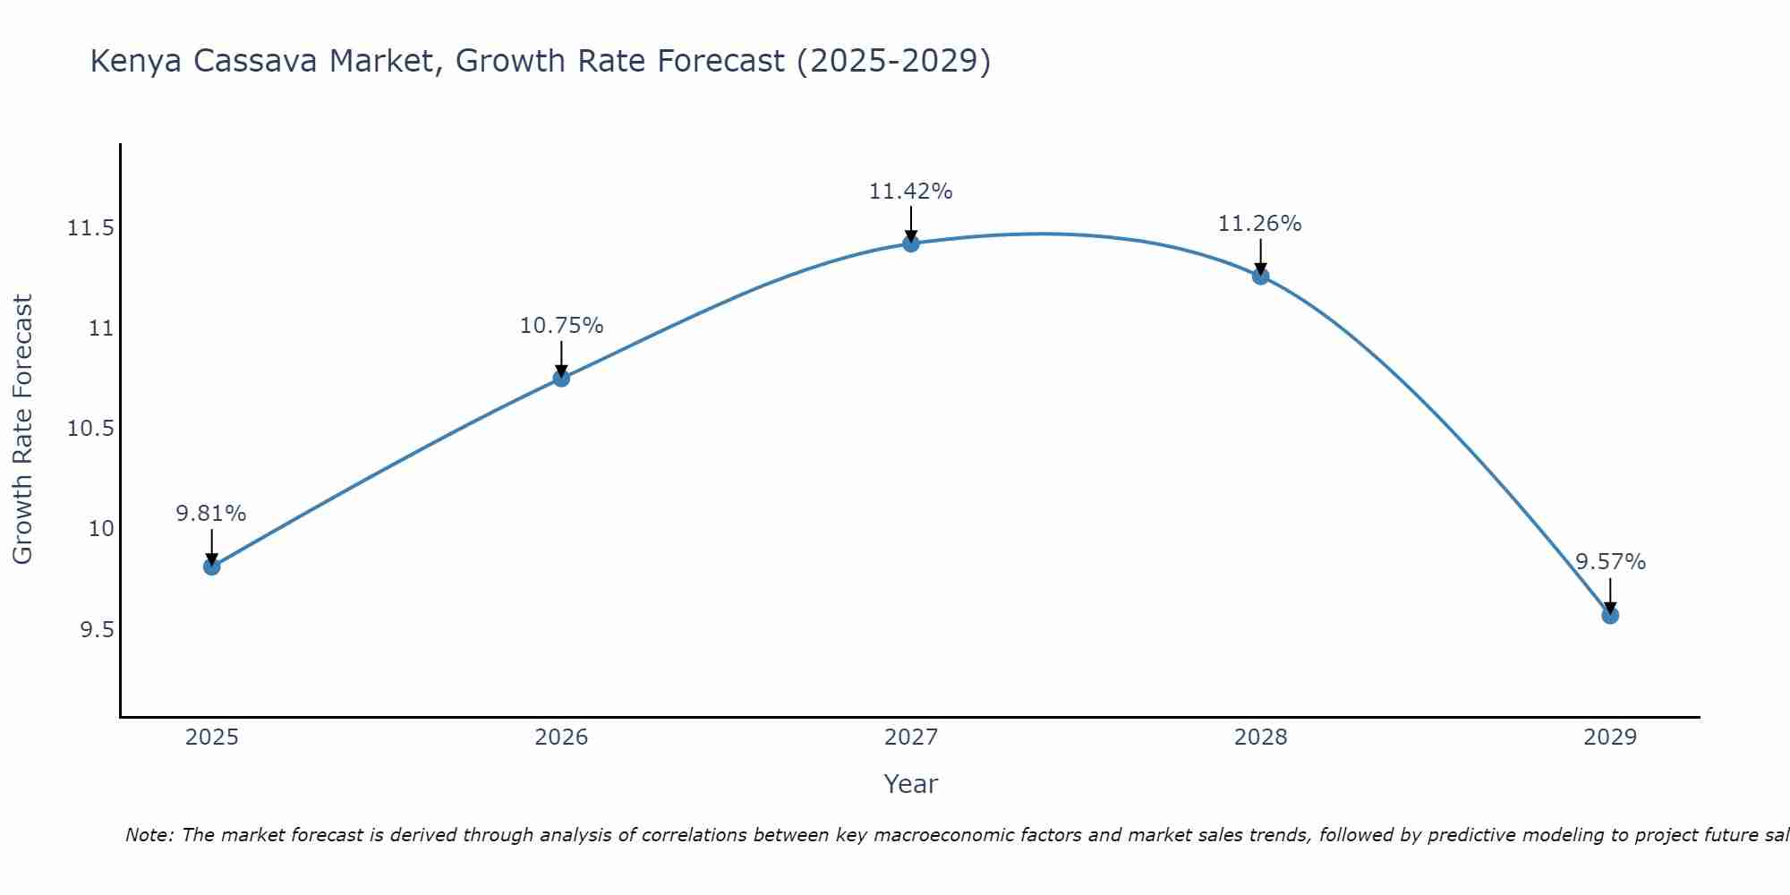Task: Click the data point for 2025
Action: click(x=212, y=567)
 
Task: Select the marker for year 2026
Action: click(x=561, y=378)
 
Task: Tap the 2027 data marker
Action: click(x=911, y=243)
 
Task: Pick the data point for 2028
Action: click(x=1260, y=276)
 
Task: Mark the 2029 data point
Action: click(x=1610, y=615)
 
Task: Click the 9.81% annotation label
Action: click(x=211, y=514)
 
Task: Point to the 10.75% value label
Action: click(x=561, y=326)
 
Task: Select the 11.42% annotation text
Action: click(x=910, y=192)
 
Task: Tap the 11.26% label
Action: click(x=1259, y=224)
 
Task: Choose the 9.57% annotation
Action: click(x=1610, y=562)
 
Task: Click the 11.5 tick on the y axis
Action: click(x=90, y=228)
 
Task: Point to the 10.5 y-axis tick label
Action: click(x=90, y=429)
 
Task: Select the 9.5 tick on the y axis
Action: click(x=97, y=630)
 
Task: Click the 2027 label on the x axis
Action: click(x=911, y=737)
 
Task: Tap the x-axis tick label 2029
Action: click(x=1610, y=737)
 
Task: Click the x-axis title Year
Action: click(x=910, y=784)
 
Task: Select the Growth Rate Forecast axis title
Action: click(x=22, y=429)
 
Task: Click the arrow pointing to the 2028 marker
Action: click(x=1260, y=256)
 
